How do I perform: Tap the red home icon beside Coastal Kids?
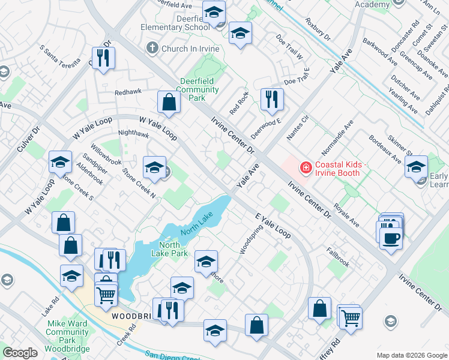pos(306,167)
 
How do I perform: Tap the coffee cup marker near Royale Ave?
pos(391,238)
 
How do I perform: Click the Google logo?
pos(20,353)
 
